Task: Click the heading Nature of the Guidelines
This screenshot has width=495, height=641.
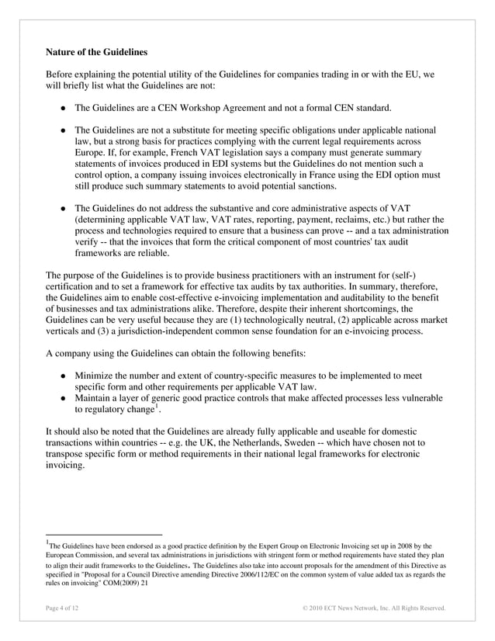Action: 96,53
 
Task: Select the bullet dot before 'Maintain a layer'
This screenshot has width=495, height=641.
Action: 62,398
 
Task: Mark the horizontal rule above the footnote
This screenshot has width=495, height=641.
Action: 103,535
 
